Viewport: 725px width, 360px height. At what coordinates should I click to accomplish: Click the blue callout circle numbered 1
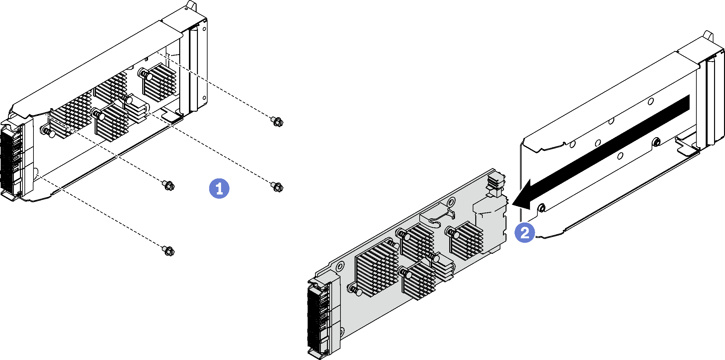[x=219, y=188]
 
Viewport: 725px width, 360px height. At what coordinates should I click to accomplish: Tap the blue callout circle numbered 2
[x=525, y=232]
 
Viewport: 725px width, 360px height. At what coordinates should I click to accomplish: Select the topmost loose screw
[x=277, y=122]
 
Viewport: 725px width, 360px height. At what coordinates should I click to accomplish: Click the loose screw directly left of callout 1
[x=168, y=185]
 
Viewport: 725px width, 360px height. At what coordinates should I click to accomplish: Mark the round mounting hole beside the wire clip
[x=451, y=202]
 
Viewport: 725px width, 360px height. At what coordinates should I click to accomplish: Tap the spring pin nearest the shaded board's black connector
[x=356, y=291]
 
